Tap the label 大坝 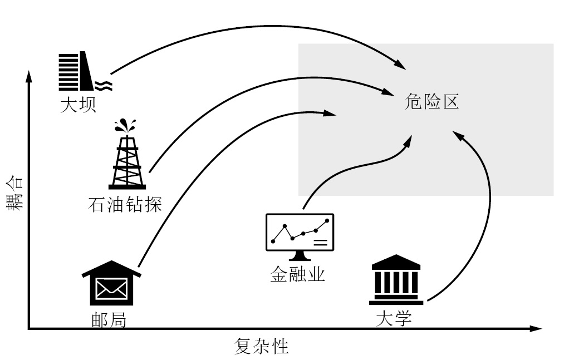[78, 104]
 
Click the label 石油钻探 [125, 204]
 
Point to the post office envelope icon [111, 286]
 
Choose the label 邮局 [109, 320]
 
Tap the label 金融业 [298, 275]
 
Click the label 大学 [394, 319]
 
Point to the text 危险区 [433, 102]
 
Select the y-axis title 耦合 [14, 193]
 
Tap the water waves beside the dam [104, 85]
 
